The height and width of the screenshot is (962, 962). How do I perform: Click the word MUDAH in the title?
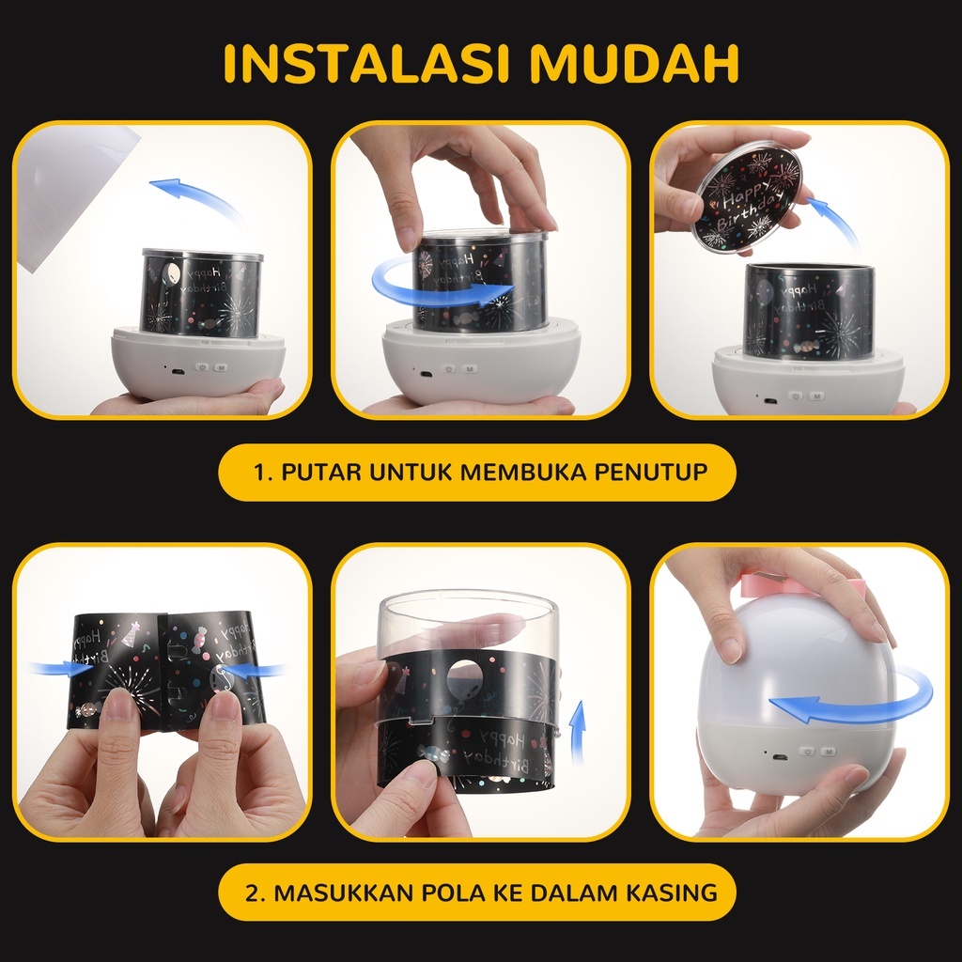(634, 63)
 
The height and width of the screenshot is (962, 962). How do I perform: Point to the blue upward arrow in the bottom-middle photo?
(578, 731)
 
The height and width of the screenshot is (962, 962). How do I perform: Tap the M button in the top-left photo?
(220, 367)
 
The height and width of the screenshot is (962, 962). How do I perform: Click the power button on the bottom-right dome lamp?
(807, 752)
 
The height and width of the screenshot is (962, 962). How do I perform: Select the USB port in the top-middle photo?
(426, 374)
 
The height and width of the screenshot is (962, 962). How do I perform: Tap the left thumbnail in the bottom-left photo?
(119, 706)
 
